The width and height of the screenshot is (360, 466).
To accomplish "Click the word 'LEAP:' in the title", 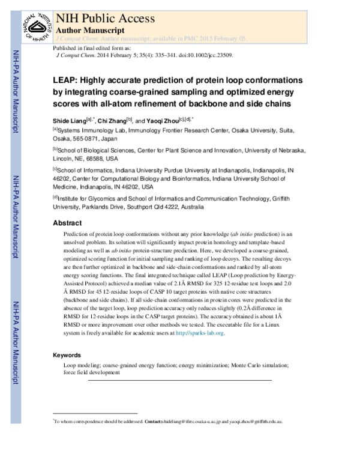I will point(66,80).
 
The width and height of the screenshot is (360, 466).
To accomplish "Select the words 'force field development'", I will point(92,372).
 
